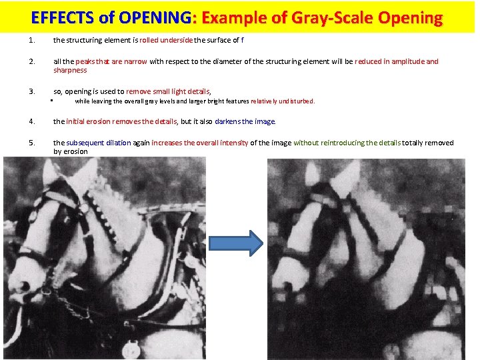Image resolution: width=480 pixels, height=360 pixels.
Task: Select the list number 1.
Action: [x=32, y=40]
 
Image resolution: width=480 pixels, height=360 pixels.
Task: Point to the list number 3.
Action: [x=32, y=91]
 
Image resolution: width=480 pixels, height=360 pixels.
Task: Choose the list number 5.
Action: [x=32, y=143]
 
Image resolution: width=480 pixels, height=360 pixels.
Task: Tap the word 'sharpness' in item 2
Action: [x=70, y=70]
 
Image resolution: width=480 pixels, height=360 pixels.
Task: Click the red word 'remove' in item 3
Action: [x=137, y=91]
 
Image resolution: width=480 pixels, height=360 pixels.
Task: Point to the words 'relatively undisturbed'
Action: [x=282, y=101]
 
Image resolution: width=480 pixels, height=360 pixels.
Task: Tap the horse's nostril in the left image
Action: [x=24, y=286]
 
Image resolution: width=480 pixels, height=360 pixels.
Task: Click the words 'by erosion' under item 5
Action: [x=70, y=151]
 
